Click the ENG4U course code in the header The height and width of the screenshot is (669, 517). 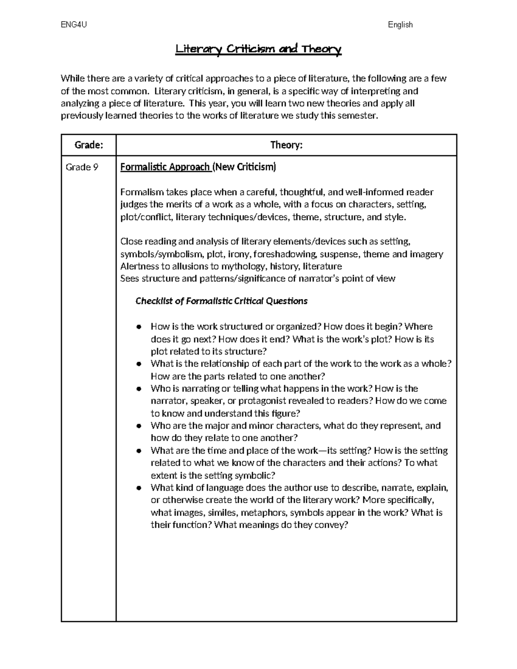(74, 25)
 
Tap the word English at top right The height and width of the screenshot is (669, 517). (400, 25)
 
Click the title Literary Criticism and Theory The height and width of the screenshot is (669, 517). (258, 50)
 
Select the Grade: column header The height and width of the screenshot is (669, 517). (89, 145)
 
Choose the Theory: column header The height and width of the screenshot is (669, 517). (286, 145)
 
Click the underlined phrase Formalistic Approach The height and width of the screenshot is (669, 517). (165, 167)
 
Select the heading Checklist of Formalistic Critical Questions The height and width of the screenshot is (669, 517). (221, 301)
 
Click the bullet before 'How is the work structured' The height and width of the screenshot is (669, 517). (139, 327)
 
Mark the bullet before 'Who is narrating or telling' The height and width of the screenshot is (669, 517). (139, 389)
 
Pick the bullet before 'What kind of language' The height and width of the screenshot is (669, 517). (139, 488)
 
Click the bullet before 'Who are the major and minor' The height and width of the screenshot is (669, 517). (139, 426)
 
